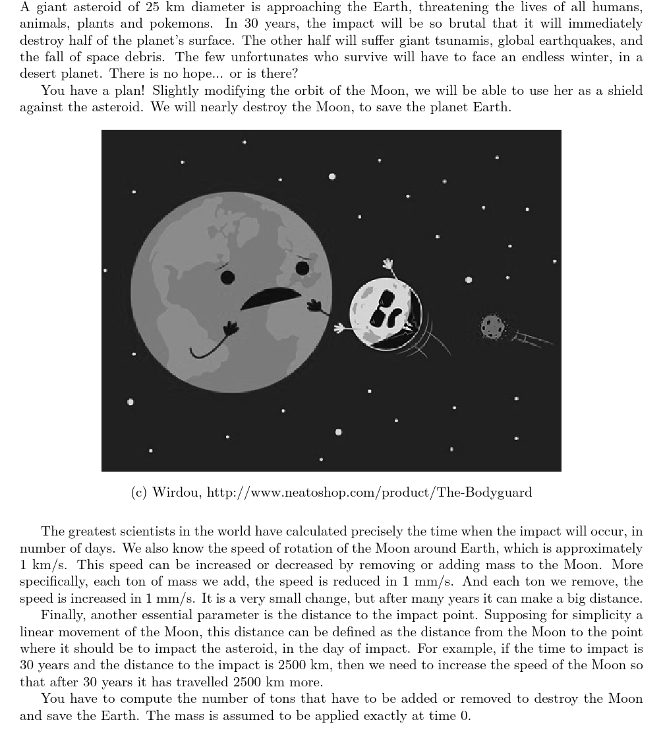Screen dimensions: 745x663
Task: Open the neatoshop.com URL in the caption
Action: point(369,493)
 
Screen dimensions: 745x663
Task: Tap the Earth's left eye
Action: point(227,277)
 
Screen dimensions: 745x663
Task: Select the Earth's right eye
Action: point(303,268)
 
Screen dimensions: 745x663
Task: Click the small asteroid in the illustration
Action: point(492,326)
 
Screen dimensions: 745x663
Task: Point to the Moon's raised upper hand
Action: point(389,265)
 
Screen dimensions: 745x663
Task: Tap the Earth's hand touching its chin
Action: point(230,329)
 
